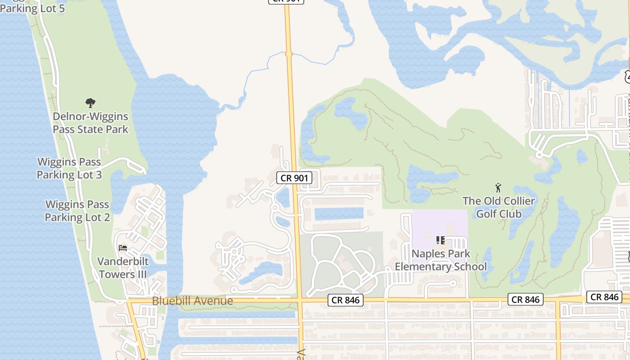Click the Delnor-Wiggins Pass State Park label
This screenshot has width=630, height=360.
coord(90,123)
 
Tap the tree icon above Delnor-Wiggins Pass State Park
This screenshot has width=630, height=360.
coord(90,103)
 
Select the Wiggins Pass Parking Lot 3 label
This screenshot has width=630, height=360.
coord(69,168)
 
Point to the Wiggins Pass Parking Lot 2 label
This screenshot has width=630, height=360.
coord(77,211)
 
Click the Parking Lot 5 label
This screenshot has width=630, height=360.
coord(32,8)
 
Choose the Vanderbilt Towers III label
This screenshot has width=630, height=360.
coord(123,268)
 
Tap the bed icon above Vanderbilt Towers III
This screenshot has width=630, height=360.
coord(122,247)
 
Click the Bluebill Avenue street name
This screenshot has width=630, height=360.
coord(193,301)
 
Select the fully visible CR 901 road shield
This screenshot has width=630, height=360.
coord(294,178)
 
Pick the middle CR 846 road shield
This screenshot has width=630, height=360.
coord(526,299)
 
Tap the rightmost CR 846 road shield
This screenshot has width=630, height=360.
coord(604,297)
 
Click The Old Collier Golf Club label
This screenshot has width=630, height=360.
coord(499,207)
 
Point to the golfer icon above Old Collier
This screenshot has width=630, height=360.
coord(498,187)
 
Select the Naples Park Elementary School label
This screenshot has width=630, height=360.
coord(441,260)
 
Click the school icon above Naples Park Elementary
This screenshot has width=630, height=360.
coord(441,240)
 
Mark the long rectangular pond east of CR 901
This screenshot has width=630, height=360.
coord(338,214)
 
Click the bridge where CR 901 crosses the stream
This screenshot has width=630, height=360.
coord(288,54)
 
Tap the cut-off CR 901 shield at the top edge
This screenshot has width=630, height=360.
coord(286,1)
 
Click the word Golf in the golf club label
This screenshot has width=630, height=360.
coord(486,213)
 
